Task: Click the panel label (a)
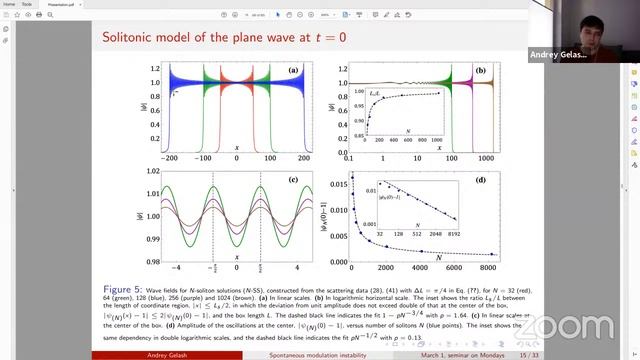pyautogui.click(x=293, y=71)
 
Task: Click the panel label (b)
pyautogui.click(x=481, y=71)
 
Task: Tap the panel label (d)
pyautogui.click(x=481, y=181)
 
